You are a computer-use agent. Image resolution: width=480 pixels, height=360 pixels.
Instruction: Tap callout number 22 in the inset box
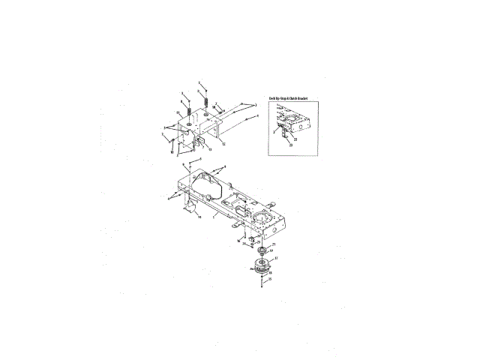tap(295, 139)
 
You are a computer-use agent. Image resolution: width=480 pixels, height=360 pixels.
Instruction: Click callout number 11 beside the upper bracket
tap(178, 112)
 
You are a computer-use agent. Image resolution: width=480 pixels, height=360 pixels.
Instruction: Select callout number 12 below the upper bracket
tap(224, 142)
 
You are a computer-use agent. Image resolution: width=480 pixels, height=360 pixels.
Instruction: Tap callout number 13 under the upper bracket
tap(200, 148)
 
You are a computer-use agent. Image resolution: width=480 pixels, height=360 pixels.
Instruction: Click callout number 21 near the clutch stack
tap(274, 244)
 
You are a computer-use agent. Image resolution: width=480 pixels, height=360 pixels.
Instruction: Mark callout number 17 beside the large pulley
tap(277, 259)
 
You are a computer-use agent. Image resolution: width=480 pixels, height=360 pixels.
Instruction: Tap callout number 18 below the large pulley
tap(270, 274)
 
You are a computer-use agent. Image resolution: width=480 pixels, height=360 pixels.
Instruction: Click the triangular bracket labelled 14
tap(189, 208)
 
